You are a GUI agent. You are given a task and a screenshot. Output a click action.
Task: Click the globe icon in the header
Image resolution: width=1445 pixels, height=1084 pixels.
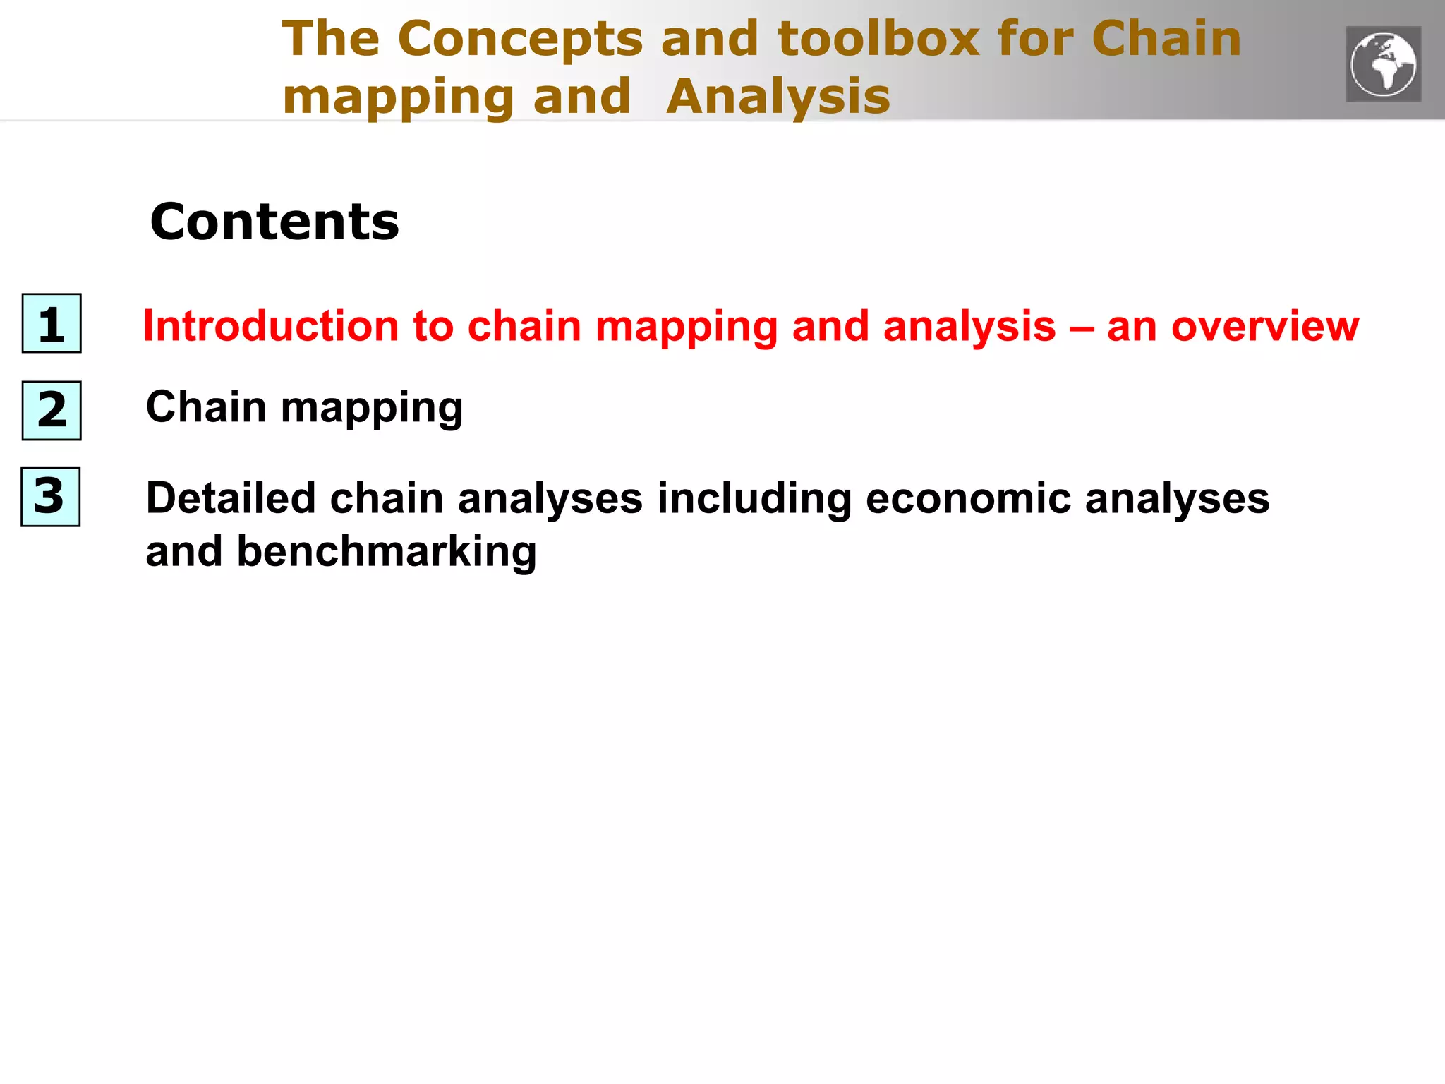point(1383,64)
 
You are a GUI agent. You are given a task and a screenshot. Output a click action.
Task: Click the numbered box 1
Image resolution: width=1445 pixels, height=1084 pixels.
point(52,323)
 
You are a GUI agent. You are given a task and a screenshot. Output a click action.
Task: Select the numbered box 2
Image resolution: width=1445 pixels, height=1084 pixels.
point(52,411)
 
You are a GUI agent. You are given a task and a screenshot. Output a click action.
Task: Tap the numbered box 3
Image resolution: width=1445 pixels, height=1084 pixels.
point(50,497)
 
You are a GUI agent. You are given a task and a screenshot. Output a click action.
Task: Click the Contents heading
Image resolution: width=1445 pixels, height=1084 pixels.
point(274,222)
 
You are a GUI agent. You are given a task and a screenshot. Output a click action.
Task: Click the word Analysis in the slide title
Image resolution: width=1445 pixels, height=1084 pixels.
point(778,97)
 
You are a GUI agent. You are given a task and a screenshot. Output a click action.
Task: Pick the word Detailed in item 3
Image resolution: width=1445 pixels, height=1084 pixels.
point(231,498)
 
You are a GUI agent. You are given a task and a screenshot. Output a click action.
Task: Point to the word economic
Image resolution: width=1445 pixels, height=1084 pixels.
point(968,498)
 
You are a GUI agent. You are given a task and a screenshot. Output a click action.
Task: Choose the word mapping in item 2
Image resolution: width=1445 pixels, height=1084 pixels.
point(372,409)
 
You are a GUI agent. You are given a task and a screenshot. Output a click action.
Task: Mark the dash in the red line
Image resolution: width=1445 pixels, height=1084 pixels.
point(1082,327)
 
